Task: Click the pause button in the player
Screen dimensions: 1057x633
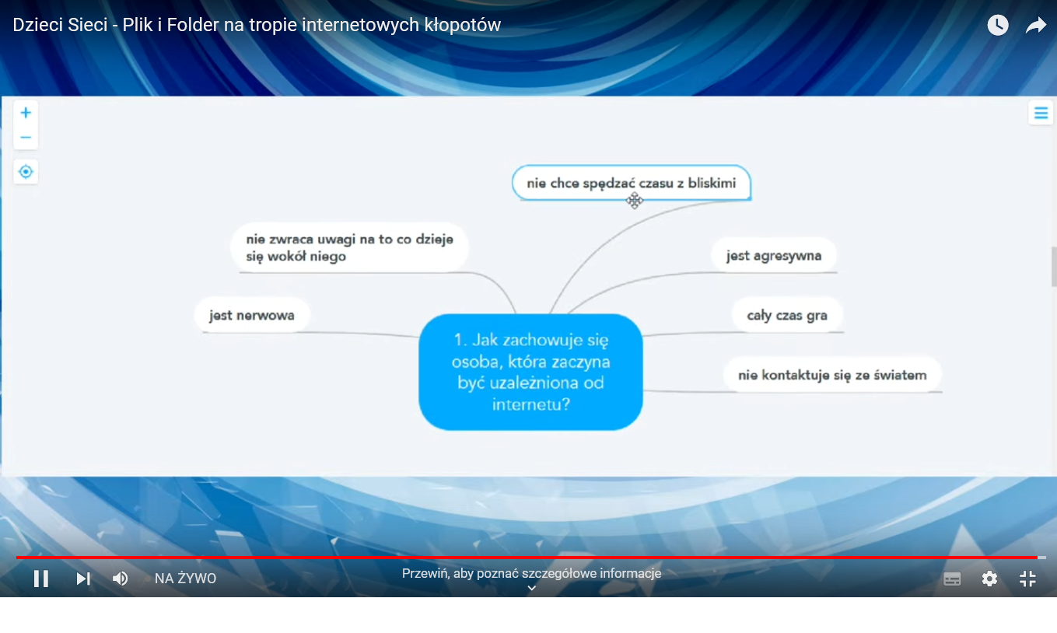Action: point(41,579)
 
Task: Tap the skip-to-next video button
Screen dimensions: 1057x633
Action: point(83,579)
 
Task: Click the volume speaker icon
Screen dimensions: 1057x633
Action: point(120,579)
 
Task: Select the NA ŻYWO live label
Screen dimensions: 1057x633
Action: point(185,579)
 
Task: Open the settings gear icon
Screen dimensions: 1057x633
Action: point(989,579)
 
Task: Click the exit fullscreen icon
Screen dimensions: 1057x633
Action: point(1027,579)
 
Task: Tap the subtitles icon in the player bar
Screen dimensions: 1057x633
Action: point(952,579)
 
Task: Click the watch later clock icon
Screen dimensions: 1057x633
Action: point(998,25)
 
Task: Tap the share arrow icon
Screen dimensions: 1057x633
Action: point(1036,25)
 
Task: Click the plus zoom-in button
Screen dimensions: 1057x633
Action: point(26,113)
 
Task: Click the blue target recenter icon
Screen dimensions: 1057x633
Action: point(26,172)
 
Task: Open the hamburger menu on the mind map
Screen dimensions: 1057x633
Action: point(1041,114)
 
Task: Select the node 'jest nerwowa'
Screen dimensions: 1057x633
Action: point(252,315)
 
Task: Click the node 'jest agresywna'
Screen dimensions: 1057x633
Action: point(774,256)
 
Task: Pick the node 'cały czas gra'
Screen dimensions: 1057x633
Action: point(787,315)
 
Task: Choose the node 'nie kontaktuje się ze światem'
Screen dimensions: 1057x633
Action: point(832,375)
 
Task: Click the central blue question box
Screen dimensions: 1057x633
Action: point(531,372)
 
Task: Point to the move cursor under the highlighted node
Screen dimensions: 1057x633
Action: point(635,201)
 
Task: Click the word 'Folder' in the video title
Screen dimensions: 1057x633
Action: point(193,25)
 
